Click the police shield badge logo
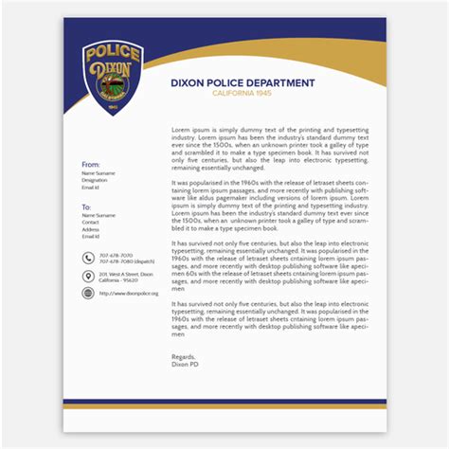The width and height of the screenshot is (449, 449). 113,84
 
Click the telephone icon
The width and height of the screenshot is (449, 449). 88,258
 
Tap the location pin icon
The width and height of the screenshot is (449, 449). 88,276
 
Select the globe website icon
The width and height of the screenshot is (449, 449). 88,294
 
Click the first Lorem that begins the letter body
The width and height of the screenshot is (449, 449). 180,127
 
